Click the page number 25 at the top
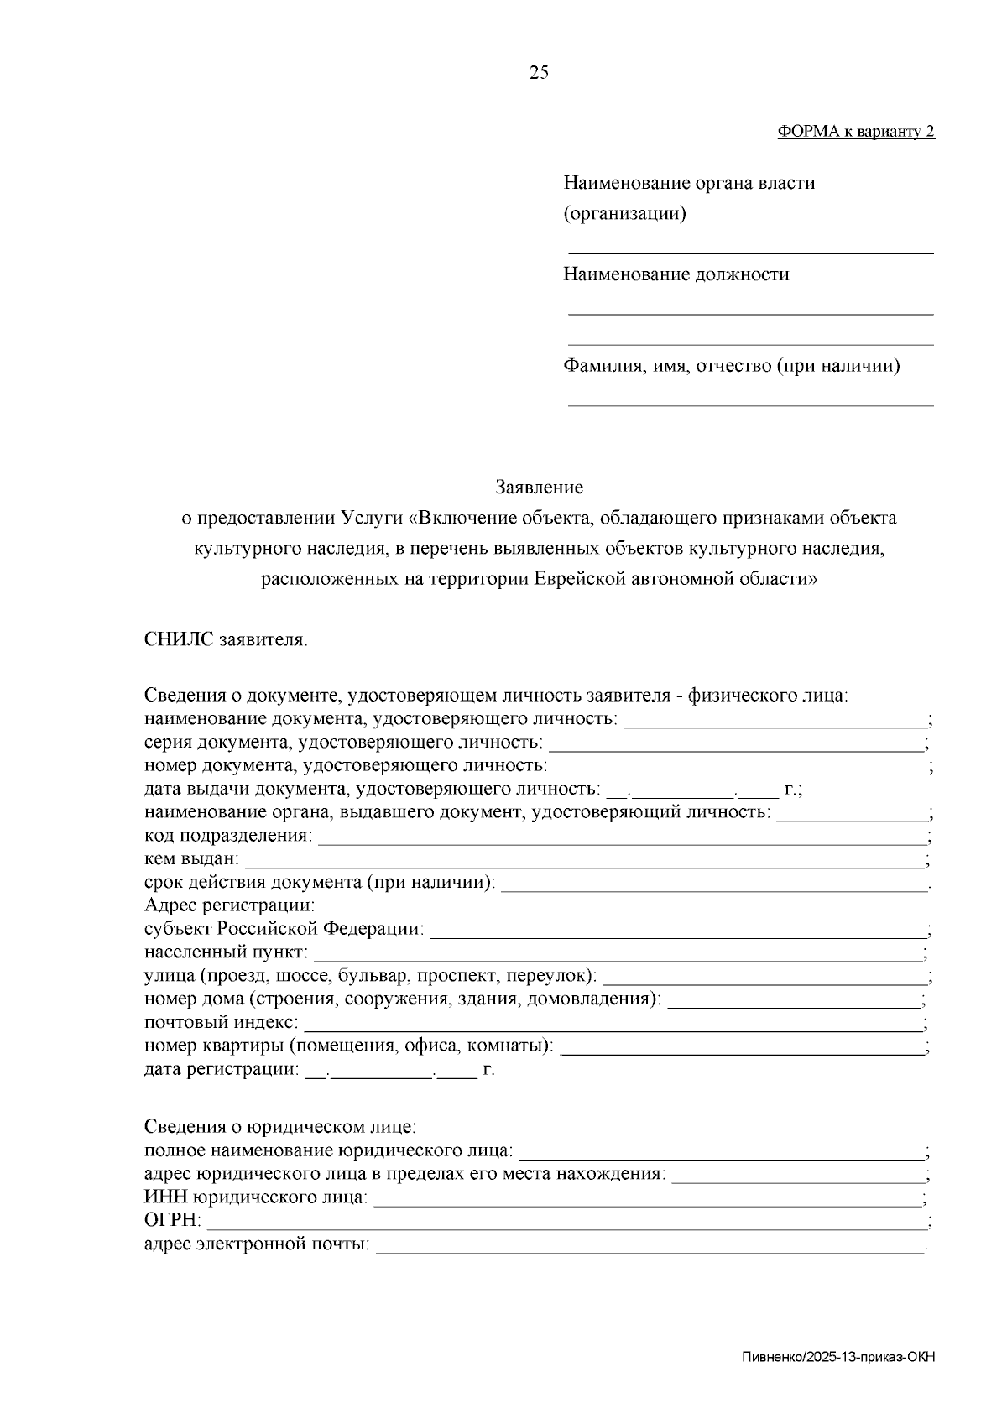pyautogui.click(x=539, y=73)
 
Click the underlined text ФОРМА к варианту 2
pyautogui.click(x=856, y=131)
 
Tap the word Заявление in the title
pyautogui.click(x=539, y=488)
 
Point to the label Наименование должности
pyautogui.click(x=676, y=274)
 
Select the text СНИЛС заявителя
pyautogui.click(x=225, y=641)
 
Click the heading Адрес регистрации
pyautogui.click(x=229, y=906)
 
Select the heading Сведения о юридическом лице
pyautogui.click(x=280, y=1127)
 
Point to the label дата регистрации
pyautogui.click(x=220, y=1070)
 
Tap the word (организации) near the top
pyautogui.click(x=624, y=214)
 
